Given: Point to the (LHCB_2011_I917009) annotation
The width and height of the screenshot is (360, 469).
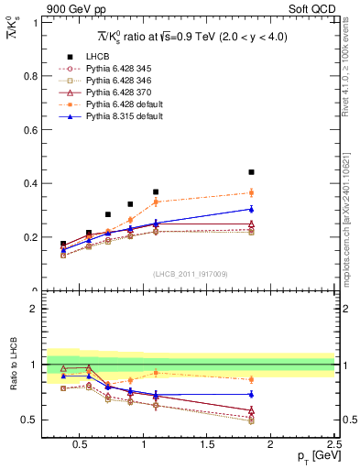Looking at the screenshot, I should click(x=190, y=273).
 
